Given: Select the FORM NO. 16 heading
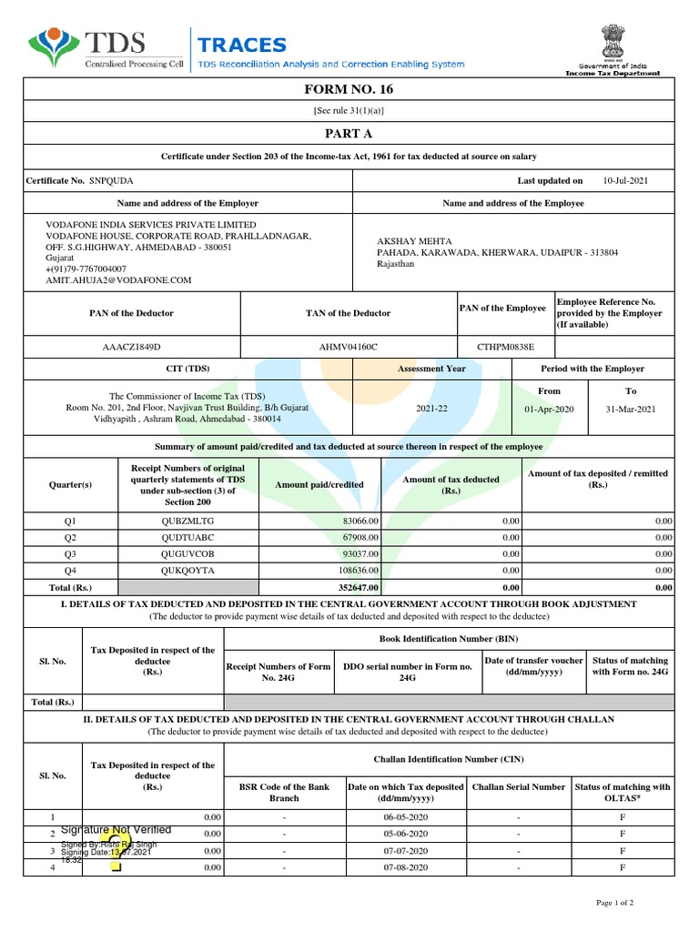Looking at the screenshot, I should click(349, 89).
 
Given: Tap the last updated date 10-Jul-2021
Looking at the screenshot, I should click(625, 181).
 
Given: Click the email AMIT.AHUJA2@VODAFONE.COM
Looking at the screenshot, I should click(119, 281).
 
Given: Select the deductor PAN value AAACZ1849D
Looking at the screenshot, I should click(131, 347).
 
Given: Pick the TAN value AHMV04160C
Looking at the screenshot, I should click(348, 347).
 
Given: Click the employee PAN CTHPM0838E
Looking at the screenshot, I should click(506, 347).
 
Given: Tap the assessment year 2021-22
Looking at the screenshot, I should click(432, 410).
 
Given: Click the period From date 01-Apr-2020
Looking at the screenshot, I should click(549, 410).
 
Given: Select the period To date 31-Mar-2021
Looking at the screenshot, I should click(630, 410).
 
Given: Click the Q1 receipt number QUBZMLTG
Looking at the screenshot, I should click(187, 521).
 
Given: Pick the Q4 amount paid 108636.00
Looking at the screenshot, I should click(356, 571).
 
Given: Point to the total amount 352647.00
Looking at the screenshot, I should click(356, 588).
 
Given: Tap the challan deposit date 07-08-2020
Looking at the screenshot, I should click(405, 868).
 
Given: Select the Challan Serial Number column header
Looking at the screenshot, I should click(518, 786).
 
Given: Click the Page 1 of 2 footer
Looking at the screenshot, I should click(614, 902).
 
